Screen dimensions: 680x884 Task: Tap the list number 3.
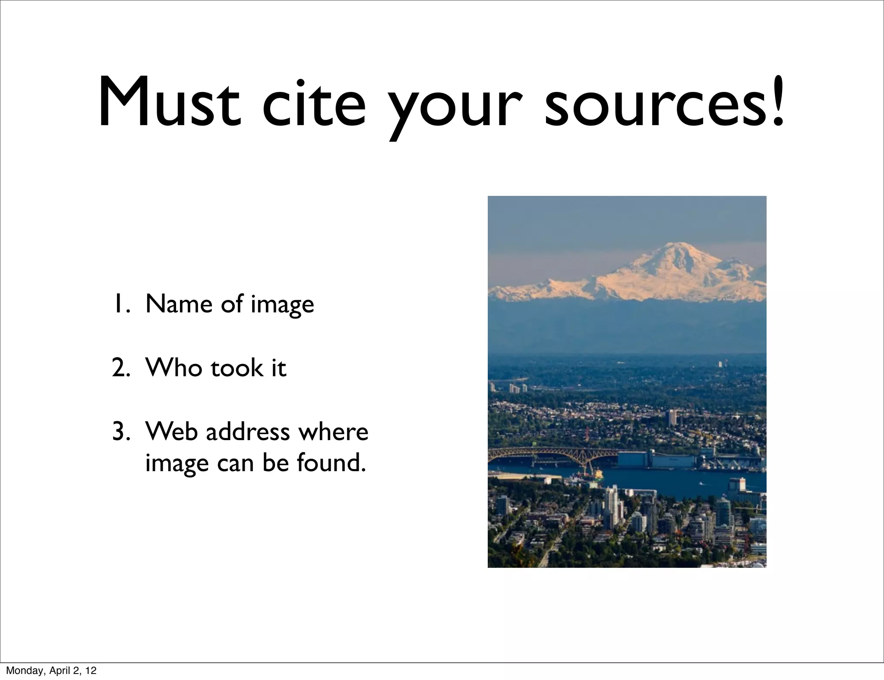(x=120, y=431)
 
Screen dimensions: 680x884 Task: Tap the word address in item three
(x=247, y=431)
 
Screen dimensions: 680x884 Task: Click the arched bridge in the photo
(x=557, y=456)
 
